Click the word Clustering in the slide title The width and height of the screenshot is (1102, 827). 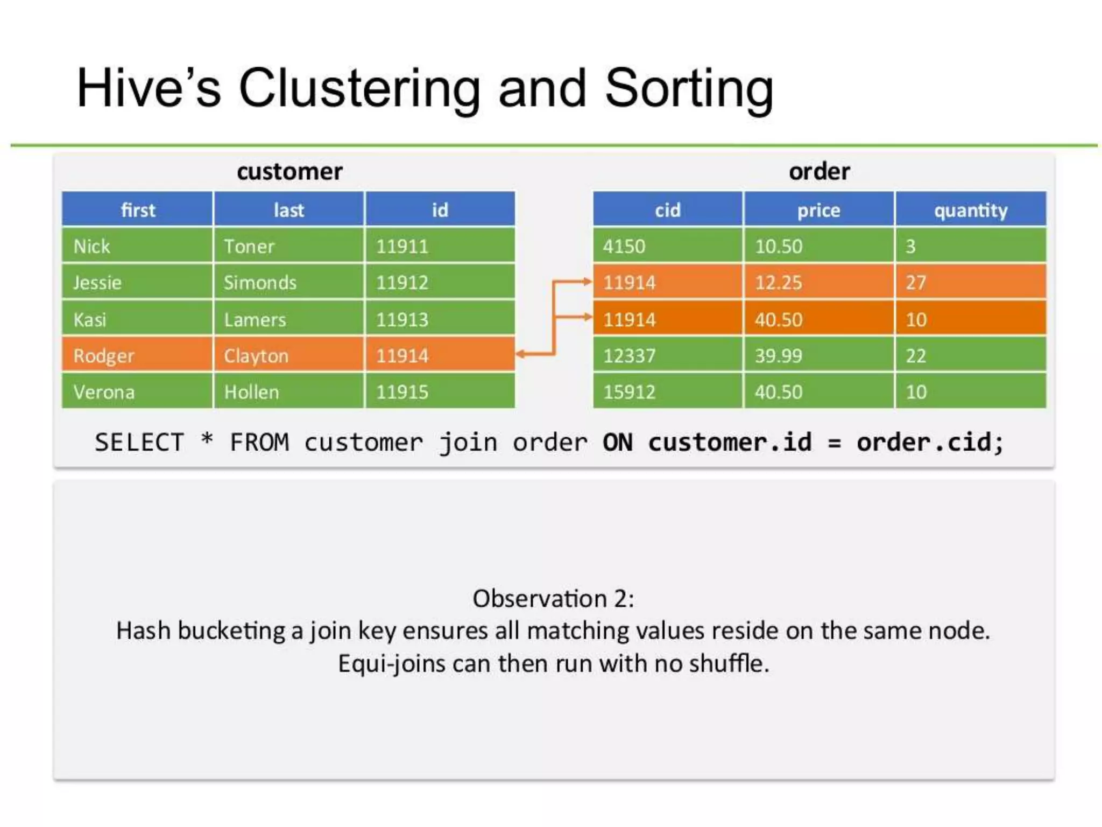(x=359, y=89)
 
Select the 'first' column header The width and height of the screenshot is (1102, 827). (x=138, y=209)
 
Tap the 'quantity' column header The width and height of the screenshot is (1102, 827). (x=971, y=209)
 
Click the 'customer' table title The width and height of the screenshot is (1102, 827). (x=289, y=172)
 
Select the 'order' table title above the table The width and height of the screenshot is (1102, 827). (x=819, y=172)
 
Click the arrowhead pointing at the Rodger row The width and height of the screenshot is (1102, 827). (x=520, y=354)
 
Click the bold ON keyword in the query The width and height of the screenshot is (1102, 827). (x=617, y=443)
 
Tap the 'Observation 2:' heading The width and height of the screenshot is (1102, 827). (x=553, y=598)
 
